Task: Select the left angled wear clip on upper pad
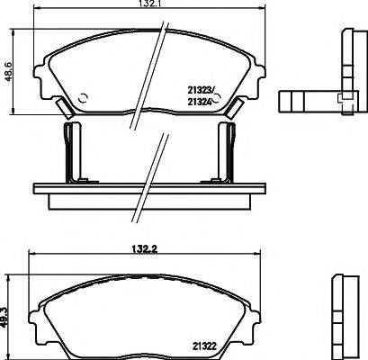64,107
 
